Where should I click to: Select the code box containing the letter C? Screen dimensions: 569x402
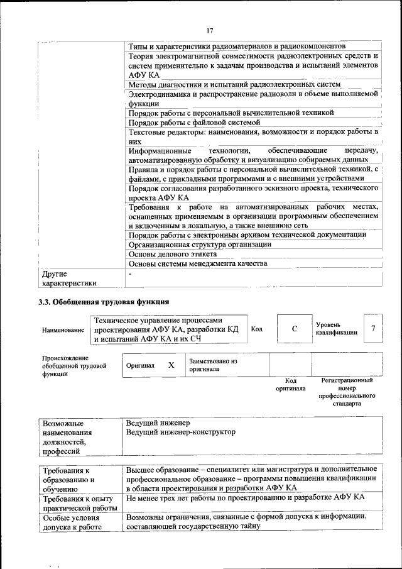(x=294, y=329)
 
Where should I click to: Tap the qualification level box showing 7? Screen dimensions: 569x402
(x=374, y=329)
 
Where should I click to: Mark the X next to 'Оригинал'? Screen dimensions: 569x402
(x=171, y=365)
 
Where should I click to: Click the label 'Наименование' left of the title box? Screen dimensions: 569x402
(x=63, y=329)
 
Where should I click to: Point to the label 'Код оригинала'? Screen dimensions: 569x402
(x=290, y=384)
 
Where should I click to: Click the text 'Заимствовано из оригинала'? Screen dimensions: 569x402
(x=213, y=365)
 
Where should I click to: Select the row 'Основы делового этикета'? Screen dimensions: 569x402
(x=173, y=254)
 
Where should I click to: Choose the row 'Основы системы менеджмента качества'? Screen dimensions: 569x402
(x=198, y=263)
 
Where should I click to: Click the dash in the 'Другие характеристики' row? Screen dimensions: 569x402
(x=130, y=274)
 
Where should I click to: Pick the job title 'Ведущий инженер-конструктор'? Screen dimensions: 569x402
(x=181, y=432)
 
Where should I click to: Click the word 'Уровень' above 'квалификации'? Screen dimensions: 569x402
(x=329, y=324)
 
